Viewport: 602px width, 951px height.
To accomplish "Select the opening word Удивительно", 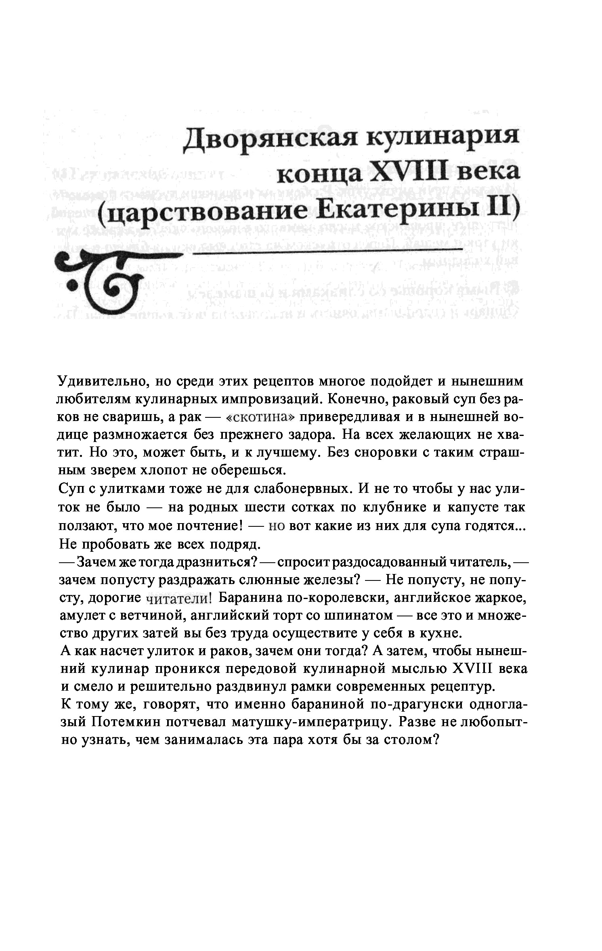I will pos(104,381).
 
